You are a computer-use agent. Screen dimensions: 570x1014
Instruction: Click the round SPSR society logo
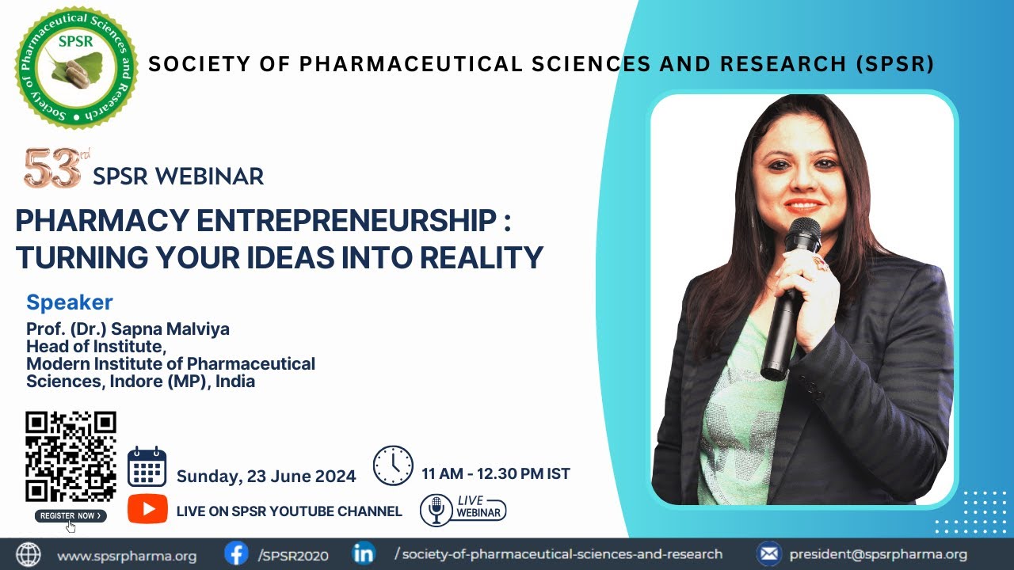pos(77,67)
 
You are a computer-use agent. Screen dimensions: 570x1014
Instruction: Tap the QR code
pos(71,457)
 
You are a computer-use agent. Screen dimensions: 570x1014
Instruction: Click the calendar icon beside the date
pos(147,467)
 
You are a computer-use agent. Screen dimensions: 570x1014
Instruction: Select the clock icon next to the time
pos(393,465)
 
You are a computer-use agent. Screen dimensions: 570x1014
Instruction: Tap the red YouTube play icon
pos(147,509)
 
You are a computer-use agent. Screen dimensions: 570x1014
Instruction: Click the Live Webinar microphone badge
pos(463,510)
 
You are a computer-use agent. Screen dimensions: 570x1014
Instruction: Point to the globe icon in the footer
pos(29,554)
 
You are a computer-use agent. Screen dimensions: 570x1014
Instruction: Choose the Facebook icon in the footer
pos(235,554)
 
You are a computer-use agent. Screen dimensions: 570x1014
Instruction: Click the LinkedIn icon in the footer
pos(364,554)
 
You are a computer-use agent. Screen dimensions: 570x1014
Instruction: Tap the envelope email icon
pos(768,554)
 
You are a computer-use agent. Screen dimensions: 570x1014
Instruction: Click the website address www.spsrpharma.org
pos(127,556)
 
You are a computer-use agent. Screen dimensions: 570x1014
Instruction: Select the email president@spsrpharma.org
pos(878,555)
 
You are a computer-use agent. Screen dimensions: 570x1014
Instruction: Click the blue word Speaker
pos(70,302)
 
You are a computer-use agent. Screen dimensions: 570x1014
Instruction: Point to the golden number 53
pos(51,169)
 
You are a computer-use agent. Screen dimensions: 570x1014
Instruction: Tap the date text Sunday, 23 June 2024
pos(266,477)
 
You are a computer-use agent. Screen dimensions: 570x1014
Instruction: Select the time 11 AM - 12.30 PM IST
pos(496,474)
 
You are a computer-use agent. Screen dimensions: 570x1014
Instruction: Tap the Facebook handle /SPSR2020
pos(293,556)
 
